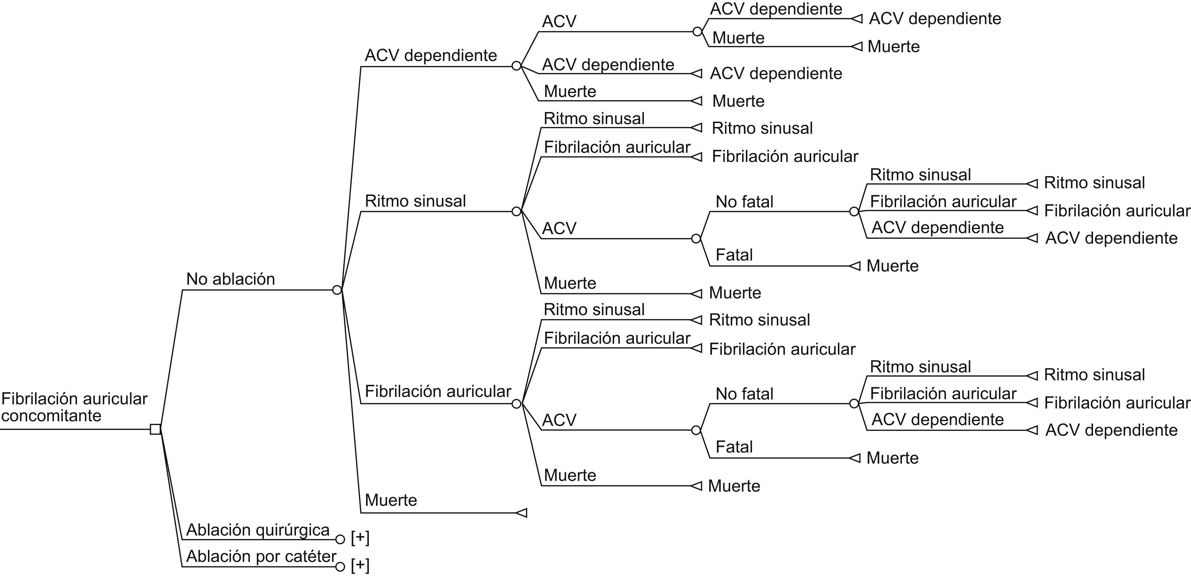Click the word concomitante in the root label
pos(51,416)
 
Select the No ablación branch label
pos(230,279)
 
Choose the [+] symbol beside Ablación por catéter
pos(360,565)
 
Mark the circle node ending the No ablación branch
pos(337,290)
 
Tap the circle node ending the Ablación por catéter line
pos(340,567)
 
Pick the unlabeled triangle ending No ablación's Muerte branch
pos(521,513)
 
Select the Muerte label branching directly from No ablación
pos(391,500)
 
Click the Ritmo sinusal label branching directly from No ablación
pos(415,201)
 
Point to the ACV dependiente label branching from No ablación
pos(430,55)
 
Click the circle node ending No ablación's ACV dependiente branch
pos(516,66)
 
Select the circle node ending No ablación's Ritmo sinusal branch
pos(516,212)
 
